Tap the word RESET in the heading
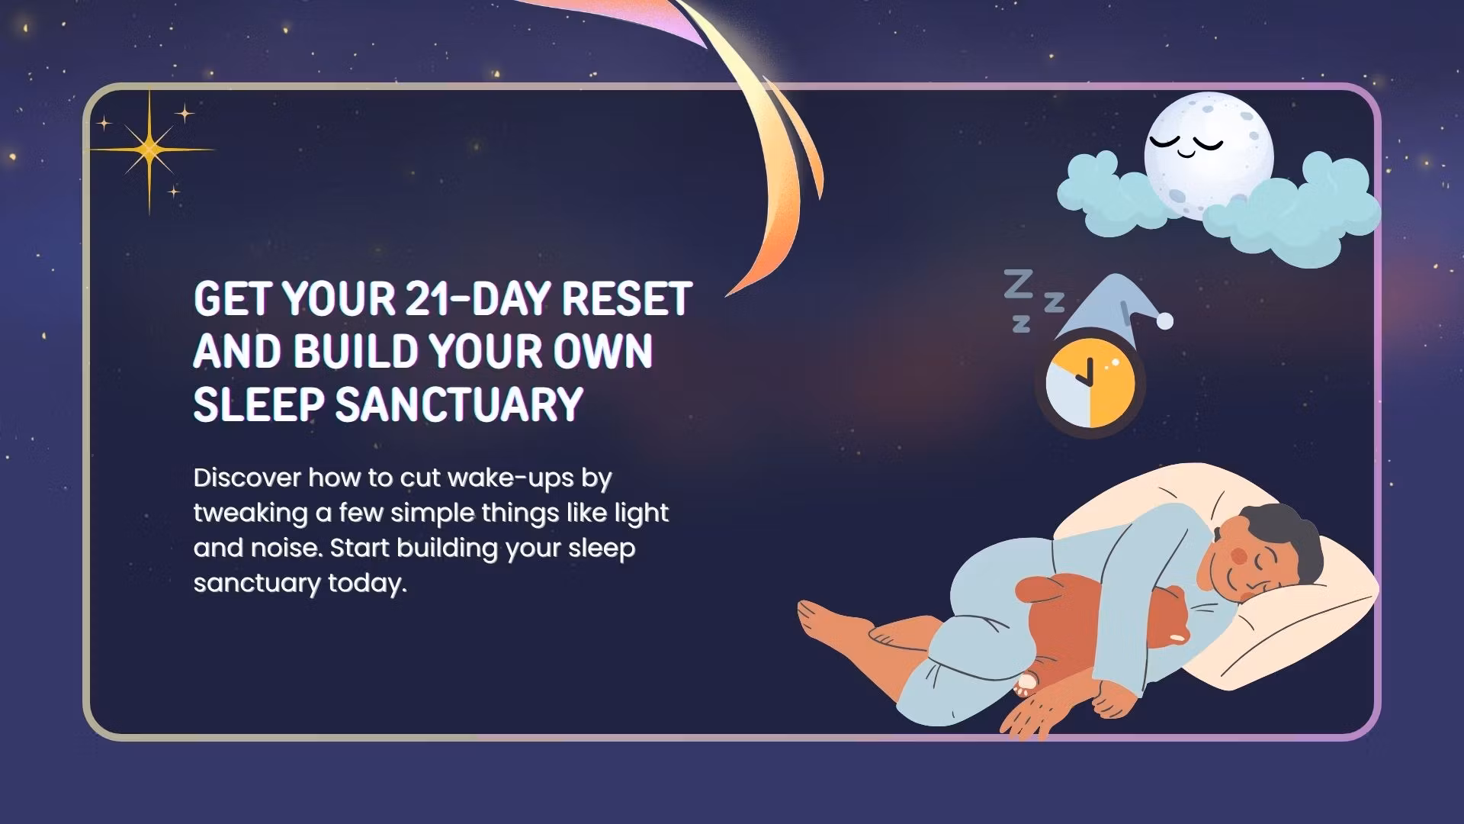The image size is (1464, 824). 626,298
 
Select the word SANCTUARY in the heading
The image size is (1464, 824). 459,404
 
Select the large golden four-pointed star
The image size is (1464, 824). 149,150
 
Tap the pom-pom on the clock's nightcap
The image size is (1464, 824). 1164,321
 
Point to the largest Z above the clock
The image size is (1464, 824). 1019,284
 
